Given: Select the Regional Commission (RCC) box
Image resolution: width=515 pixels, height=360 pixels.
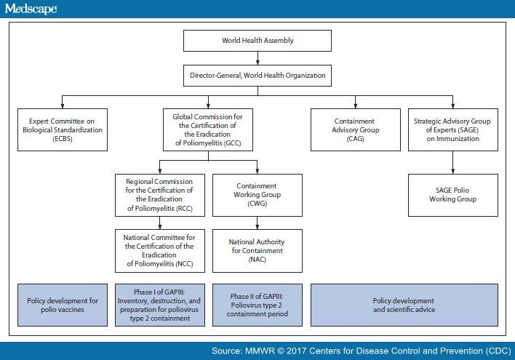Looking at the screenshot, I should point(160,194).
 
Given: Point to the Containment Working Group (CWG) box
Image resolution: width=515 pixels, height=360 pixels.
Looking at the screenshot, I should point(255,194).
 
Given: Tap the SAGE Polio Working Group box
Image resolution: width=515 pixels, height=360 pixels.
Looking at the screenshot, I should point(453,194).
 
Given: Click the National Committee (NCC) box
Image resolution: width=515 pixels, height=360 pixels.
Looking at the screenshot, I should point(160,249).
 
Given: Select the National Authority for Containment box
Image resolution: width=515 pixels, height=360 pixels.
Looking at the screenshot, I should point(255,249).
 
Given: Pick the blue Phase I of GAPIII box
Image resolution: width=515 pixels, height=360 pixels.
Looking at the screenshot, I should point(160,304).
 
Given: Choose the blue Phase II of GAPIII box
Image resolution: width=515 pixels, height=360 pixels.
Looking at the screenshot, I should point(255,304).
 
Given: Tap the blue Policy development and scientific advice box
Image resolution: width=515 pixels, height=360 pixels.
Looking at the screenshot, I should point(404,304).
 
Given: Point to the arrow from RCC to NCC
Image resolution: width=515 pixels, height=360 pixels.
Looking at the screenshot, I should point(160,222).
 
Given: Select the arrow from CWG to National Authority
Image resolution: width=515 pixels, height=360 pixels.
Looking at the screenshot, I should point(255,222).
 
